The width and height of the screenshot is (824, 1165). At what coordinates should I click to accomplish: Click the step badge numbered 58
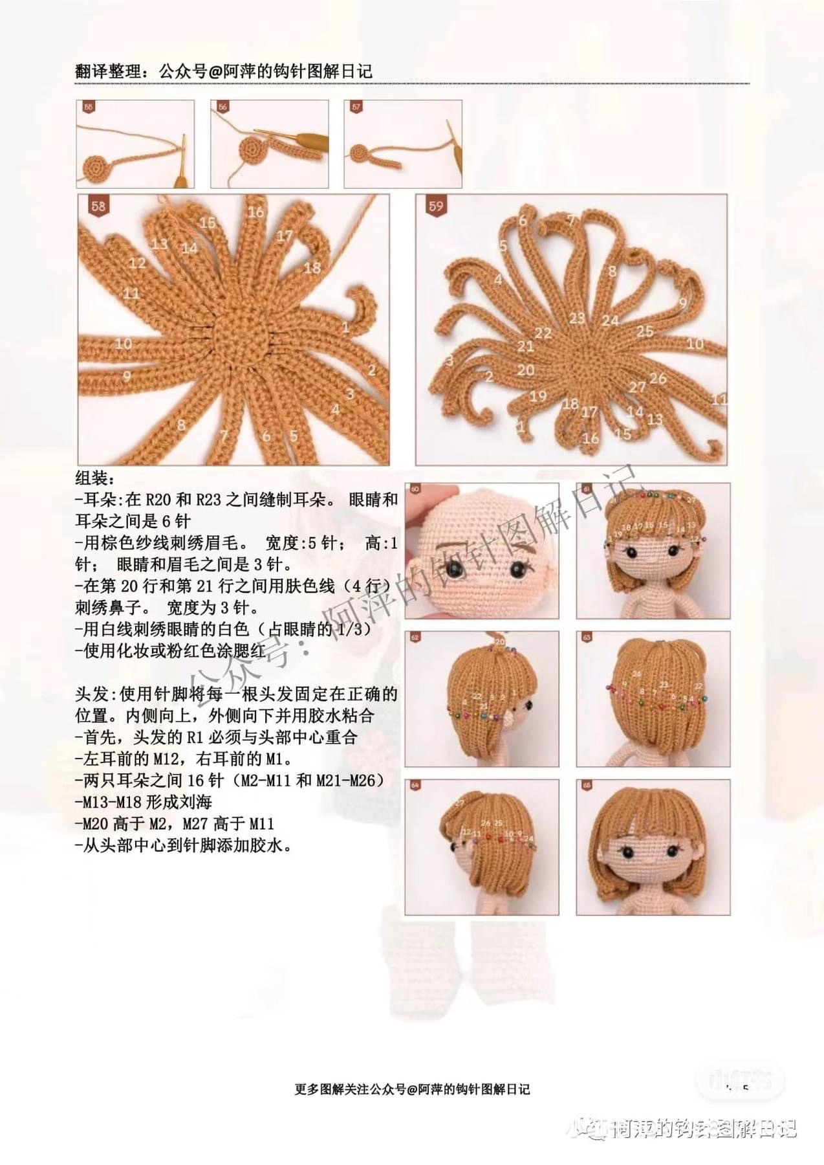pyautogui.click(x=98, y=206)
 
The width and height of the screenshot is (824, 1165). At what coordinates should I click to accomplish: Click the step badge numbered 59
pyautogui.click(x=436, y=206)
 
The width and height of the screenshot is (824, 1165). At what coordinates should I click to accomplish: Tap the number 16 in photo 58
pyautogui.click(x=256, y=212)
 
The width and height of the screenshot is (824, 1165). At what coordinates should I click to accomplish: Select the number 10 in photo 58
pyautogui.click(x=124, y=343)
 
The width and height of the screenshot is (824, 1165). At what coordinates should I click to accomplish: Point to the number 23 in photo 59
pyautogui.click(x=577, y=318)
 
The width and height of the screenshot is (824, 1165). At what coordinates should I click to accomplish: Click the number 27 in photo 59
pyautogui.click(x=637, y=386)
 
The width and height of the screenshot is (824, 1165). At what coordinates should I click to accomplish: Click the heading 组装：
pyautogui.click(x=94, y=479)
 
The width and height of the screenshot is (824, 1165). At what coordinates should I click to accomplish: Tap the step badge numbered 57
pyautogui.click(x=356, y=107)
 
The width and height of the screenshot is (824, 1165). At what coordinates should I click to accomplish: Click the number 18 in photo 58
pyautogui.click(x=312, y=267)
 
